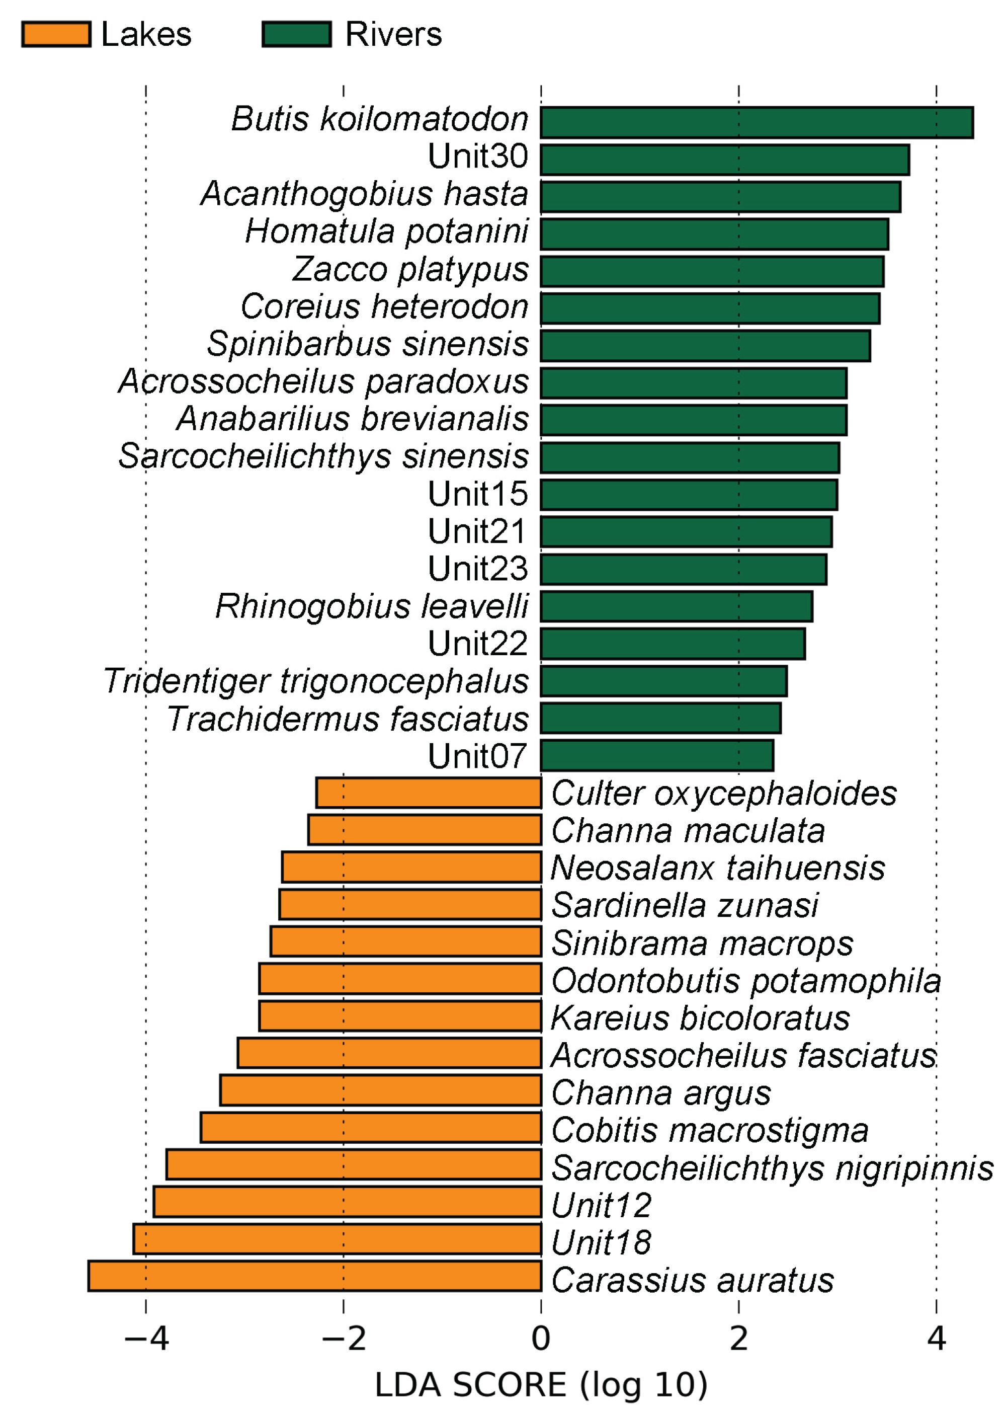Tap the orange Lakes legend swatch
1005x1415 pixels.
click(56, 34)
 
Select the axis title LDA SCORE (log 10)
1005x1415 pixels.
click(541, 1385)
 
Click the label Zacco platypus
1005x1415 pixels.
click(410, 269)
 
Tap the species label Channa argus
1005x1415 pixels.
click(661, 1092)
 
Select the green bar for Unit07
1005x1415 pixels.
click(656, 755)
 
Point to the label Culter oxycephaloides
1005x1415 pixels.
click(723, 793)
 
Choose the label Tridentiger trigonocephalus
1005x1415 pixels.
click(315, 681)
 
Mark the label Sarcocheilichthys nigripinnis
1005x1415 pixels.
click(772, 1168)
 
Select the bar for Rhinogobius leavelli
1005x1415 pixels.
click(677, 606)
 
